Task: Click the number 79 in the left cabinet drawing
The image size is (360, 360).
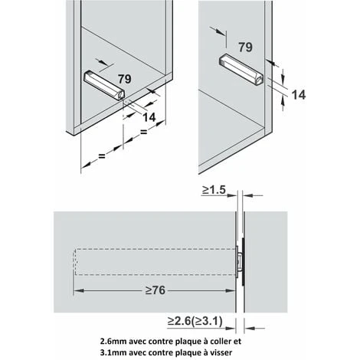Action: (125, 79)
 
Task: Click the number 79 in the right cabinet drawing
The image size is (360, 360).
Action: (245, 47)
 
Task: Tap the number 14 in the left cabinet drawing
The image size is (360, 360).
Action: (149, 117)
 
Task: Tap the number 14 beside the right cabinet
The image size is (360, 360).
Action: (299, 95)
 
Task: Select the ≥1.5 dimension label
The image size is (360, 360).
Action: (214, 190)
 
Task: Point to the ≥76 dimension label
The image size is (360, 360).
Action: (155, 290)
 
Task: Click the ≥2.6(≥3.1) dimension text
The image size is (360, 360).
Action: (195, 321)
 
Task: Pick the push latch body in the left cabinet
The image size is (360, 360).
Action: (104, 85)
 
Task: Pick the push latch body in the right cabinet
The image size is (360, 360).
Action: (241, 69)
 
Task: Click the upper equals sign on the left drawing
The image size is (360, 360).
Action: (144, 132)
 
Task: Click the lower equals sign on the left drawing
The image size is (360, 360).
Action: (102, 155)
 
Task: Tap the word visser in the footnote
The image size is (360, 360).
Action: (222, 353)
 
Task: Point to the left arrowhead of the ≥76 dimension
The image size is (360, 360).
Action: (78, 290)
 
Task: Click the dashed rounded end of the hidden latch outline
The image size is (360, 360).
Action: (74, 262)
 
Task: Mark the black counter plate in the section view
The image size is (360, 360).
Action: (243, 262)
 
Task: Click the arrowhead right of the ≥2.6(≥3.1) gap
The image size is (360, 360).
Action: (249, 328)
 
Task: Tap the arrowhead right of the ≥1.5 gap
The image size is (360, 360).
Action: (247, 195)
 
